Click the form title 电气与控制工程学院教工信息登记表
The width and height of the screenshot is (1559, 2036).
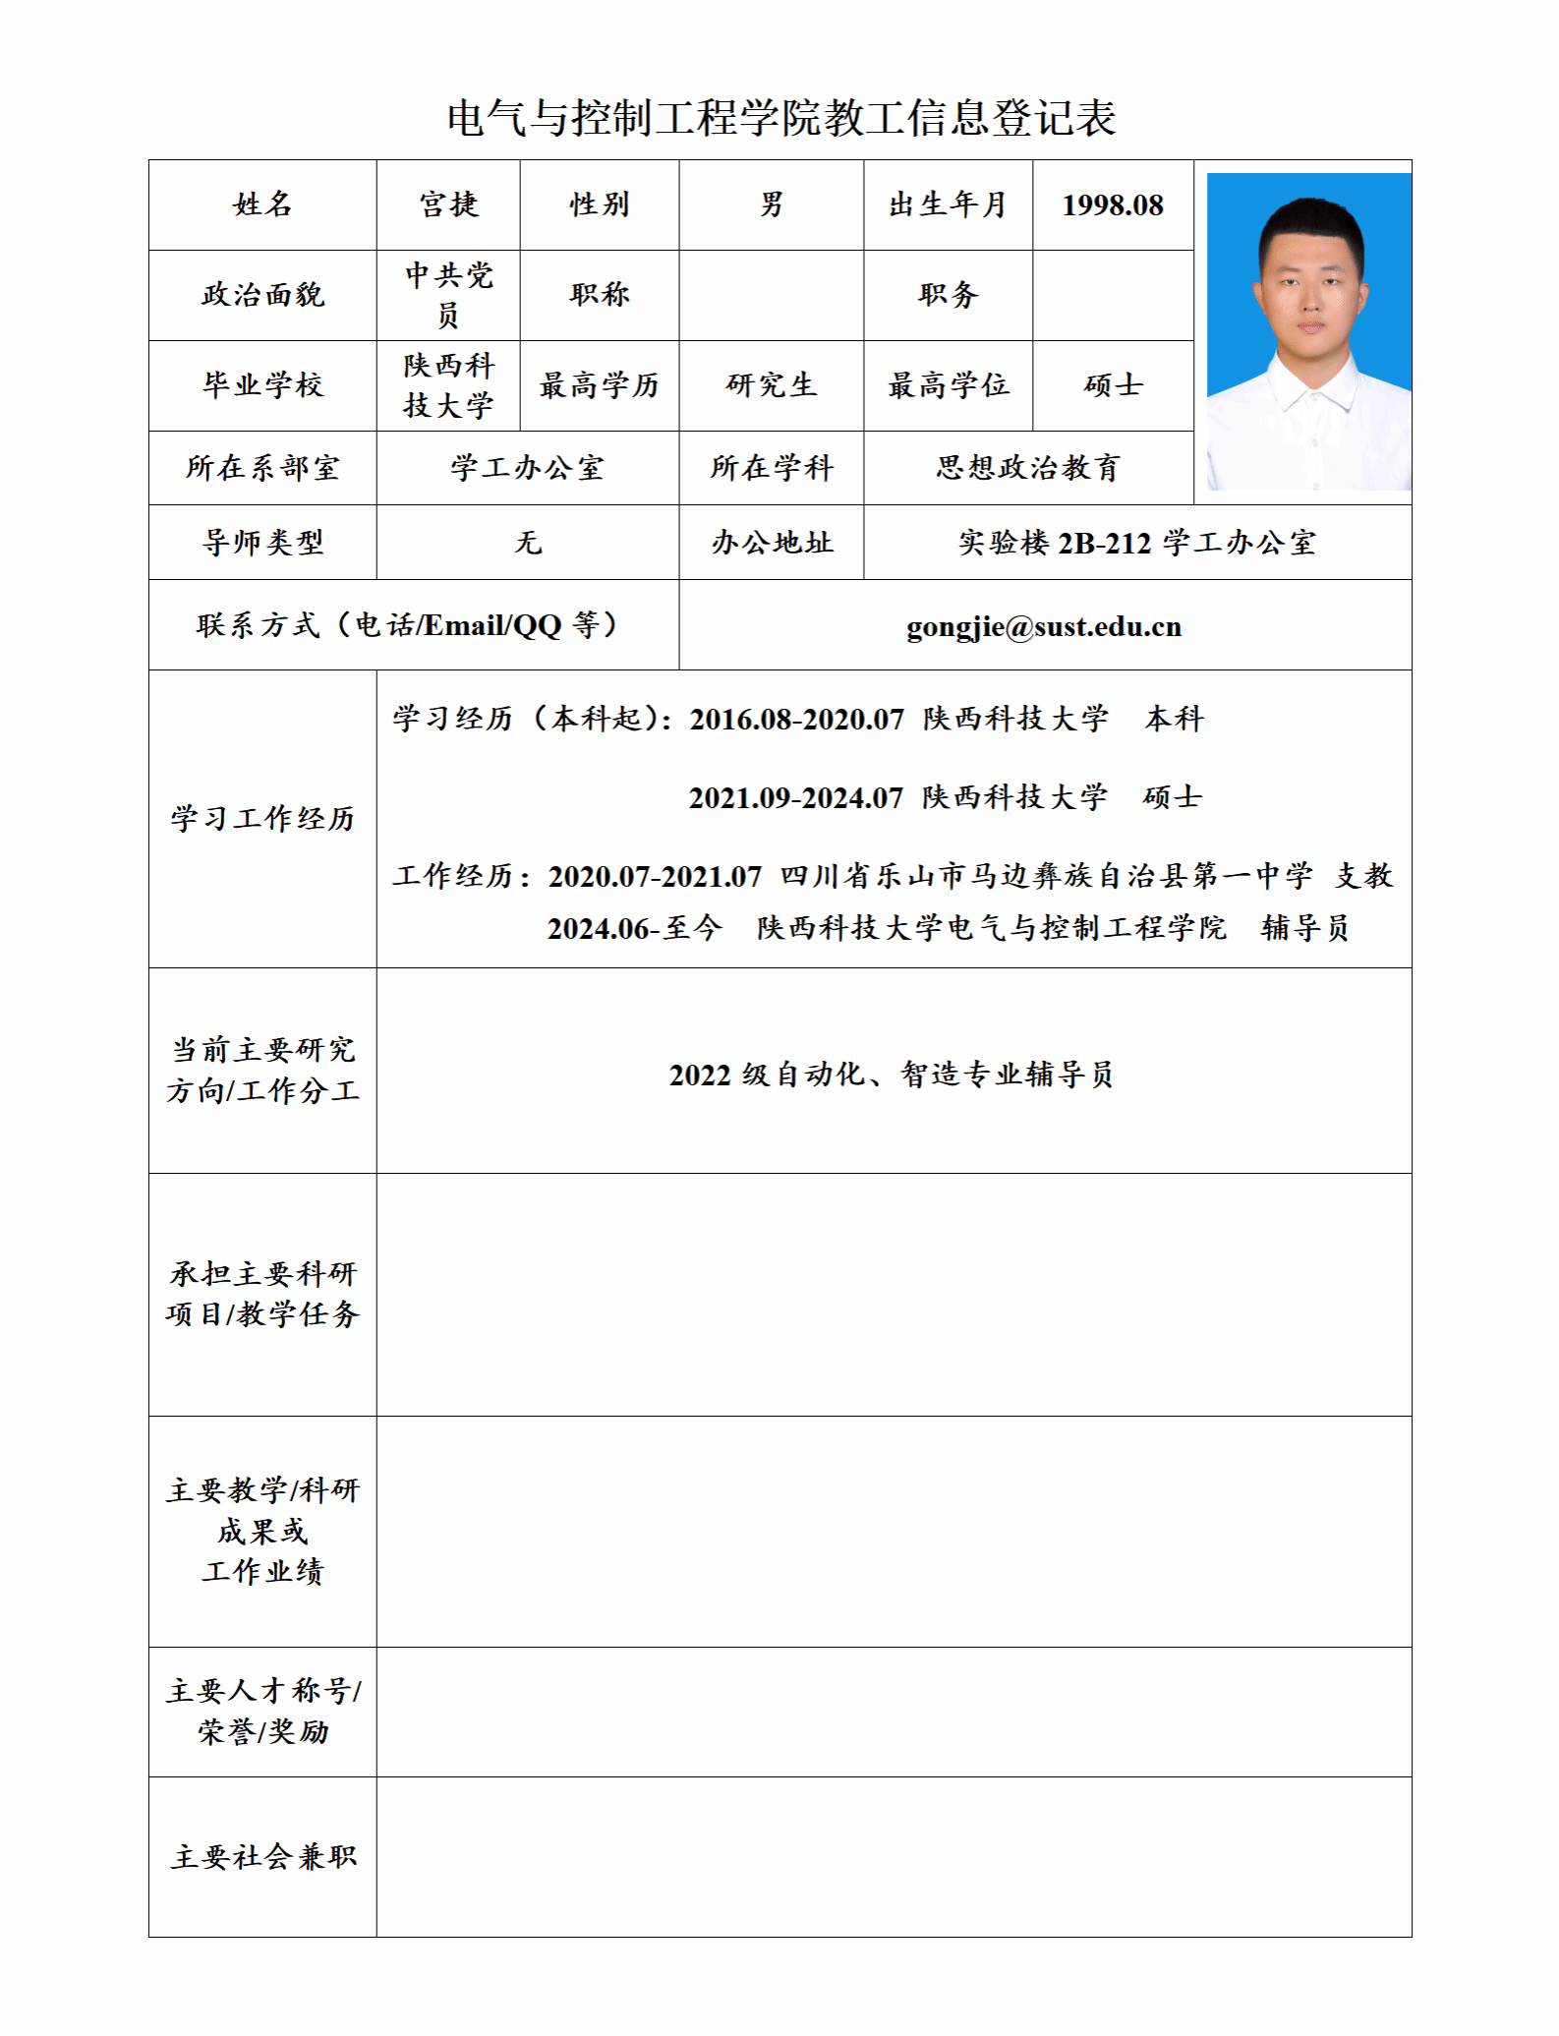pos(781,118)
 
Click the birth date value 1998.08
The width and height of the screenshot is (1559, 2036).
pos(1112,204)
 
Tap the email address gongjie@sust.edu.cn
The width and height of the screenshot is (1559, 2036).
pos(1043,626)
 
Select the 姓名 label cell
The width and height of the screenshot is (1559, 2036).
pos(262,204)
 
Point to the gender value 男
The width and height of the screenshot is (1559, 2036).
pos(772,204)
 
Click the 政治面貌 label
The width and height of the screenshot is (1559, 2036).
pos(262,295)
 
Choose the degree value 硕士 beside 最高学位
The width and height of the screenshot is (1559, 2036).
pos(1113,385)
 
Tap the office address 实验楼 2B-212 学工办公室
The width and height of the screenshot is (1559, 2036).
pos(1136,543)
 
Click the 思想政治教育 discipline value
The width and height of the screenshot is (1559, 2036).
pos(1028,468)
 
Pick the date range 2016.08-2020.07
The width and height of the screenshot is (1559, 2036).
pos(796,720)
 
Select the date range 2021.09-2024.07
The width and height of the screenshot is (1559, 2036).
pos(795,797)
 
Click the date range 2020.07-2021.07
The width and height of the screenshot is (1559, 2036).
pos(655,876)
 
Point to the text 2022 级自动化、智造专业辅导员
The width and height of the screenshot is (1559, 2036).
pos(892,1075)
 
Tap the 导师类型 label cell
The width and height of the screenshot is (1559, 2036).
pos(262,543)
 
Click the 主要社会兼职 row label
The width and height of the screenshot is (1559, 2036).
pos(262,1857)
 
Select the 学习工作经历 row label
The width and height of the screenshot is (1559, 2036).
pos(262,819)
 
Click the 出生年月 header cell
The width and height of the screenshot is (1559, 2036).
pos(948,204)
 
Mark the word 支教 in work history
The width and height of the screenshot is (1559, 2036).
pos(1363,876)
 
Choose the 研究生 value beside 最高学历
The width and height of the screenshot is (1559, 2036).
pos(772,385)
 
